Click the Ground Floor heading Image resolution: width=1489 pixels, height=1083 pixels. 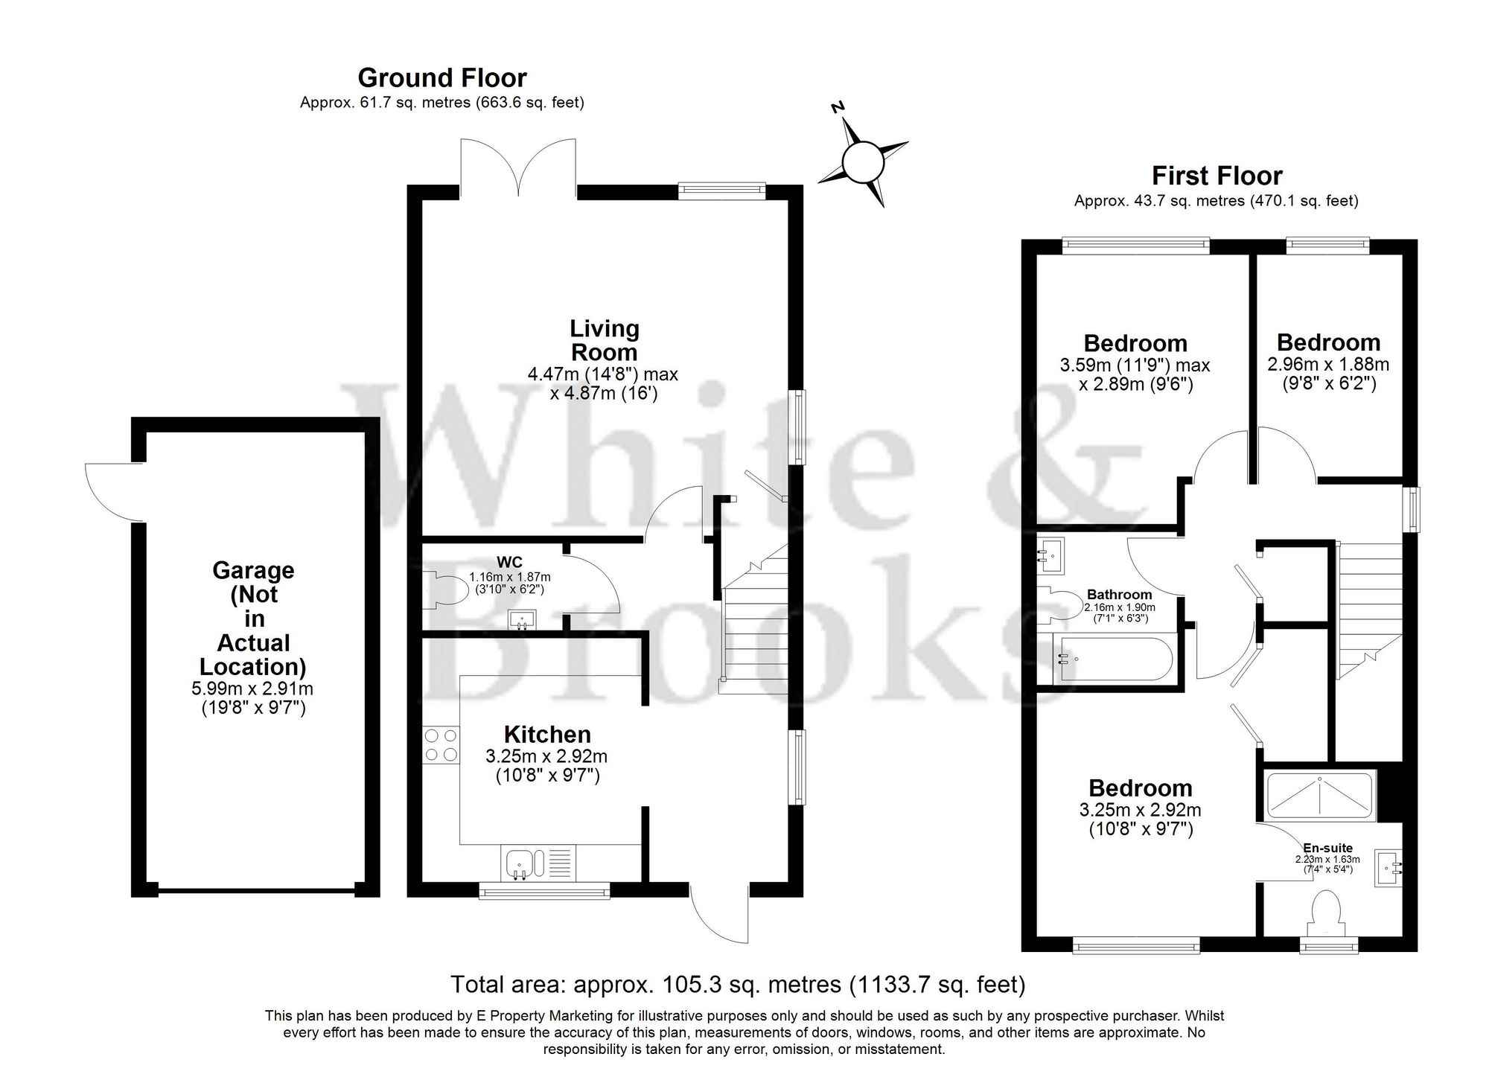point(442,78)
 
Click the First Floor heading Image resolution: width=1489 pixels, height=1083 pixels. point(1217,176)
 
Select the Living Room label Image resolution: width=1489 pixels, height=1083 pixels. point(604,340)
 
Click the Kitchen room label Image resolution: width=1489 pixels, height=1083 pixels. point(547,735)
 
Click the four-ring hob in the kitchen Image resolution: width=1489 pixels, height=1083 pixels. point(441,745)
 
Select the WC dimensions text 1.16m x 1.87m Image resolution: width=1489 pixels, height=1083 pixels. point(510,577)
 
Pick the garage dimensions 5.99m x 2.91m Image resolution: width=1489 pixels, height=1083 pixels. point(253,690)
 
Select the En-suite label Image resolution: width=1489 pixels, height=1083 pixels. point(1327,848)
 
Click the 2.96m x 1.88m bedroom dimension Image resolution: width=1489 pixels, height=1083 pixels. point(1328,365)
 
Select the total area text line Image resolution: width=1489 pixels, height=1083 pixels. point(738,985)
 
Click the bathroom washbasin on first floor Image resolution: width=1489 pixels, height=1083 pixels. point(1053,555)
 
